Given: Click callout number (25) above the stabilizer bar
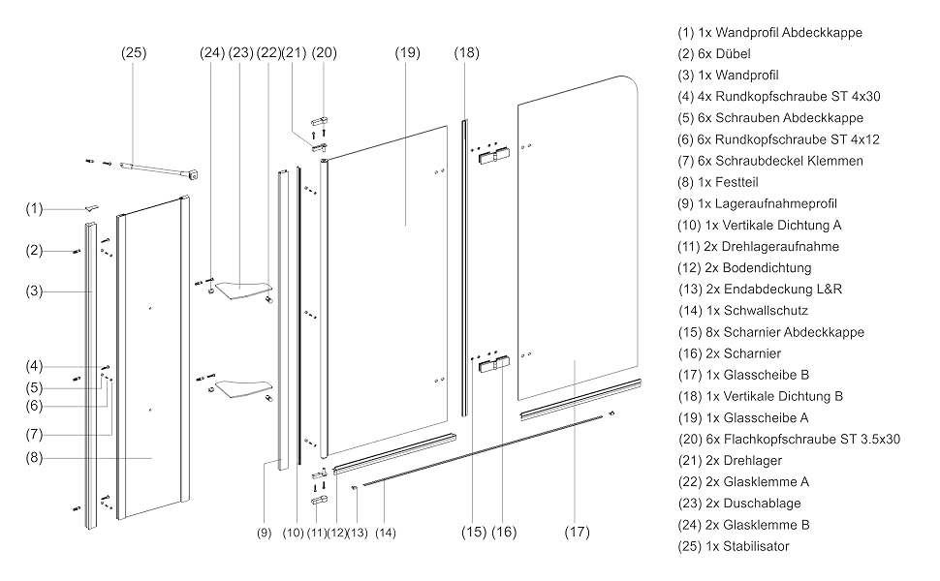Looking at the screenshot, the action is point(134,52).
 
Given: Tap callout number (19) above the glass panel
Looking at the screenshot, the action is point(407,52).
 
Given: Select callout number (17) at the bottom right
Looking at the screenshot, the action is point(577,532).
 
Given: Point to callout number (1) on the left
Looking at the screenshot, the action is point(34,208).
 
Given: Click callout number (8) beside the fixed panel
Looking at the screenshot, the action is point(34,458).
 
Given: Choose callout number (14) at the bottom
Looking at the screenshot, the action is point(386,533).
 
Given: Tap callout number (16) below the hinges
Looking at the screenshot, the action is point(504,532).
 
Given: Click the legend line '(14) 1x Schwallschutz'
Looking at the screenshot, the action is point(742,311).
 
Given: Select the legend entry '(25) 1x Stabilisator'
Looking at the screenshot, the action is point(734,546).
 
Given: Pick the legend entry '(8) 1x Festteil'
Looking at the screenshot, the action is point(717,182).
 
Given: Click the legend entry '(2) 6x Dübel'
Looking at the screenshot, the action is point(714,54).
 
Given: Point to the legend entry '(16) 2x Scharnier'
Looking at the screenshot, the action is point(729,353).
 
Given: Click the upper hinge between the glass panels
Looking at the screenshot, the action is point(494,157).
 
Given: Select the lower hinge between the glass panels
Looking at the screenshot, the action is point(494,364).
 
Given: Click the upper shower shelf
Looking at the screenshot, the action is point(243,290).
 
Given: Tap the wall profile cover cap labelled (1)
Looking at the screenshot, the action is point(91,207).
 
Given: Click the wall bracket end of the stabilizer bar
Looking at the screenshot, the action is point(193,174).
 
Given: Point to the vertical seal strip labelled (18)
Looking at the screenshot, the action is point(464,267).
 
